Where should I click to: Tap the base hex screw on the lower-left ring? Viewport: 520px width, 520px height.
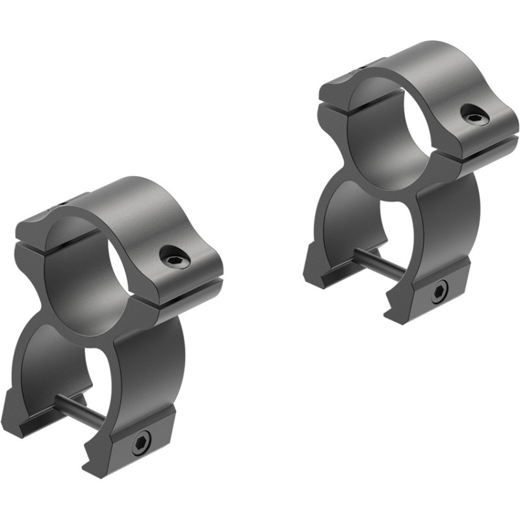pos(141,444)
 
